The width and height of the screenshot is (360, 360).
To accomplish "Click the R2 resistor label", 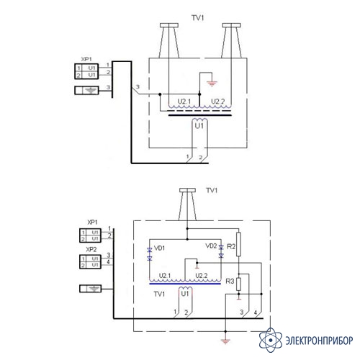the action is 231,246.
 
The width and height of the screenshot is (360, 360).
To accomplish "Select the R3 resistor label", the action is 230,281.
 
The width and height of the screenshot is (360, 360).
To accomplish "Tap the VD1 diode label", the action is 160,248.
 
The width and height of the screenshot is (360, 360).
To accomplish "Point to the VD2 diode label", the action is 211,246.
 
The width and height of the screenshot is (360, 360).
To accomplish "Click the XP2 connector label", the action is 91,249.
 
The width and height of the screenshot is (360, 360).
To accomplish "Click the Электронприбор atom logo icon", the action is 271,340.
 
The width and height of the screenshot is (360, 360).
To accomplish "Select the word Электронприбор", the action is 319,341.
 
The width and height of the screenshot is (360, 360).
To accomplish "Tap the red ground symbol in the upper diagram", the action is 212,84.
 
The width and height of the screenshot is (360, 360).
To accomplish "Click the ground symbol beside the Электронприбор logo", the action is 225,341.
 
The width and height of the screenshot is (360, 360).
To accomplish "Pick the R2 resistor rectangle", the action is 238,244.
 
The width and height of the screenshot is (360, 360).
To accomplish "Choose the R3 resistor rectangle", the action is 238,284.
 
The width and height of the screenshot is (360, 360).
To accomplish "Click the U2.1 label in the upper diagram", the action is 184,102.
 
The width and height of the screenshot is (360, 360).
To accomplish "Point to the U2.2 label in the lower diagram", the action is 202,276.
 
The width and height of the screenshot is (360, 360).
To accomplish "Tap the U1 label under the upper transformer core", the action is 199,126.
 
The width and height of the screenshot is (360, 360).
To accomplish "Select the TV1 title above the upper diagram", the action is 198,18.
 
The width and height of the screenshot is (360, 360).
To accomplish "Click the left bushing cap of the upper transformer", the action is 169,25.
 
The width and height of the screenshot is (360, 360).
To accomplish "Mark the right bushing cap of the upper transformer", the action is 231,25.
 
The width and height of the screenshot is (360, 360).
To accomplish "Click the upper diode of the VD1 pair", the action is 150,250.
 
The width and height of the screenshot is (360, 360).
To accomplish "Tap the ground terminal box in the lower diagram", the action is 90,289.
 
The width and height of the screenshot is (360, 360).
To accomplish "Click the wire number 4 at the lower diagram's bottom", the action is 256,312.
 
